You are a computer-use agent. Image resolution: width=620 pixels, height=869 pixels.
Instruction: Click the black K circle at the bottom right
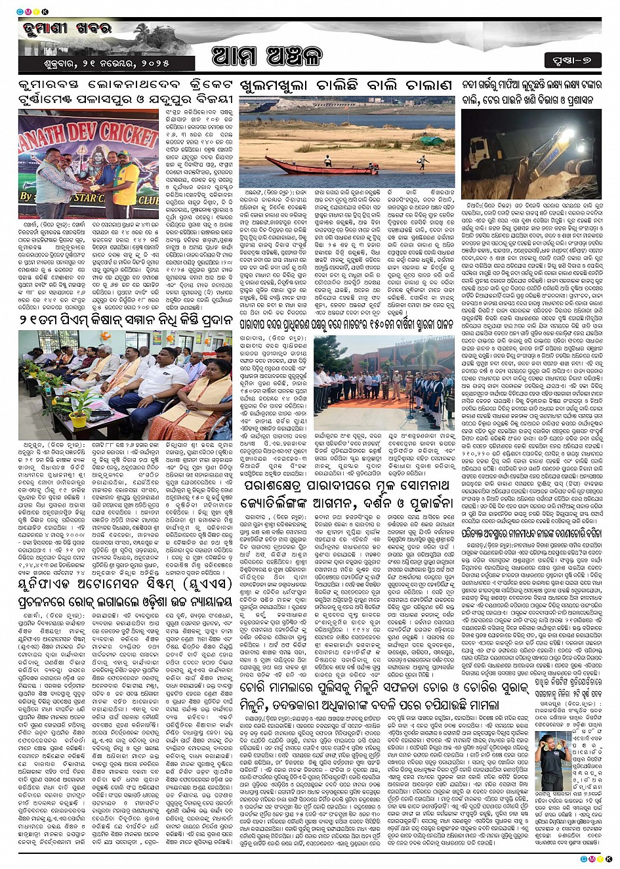coord(610,859)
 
